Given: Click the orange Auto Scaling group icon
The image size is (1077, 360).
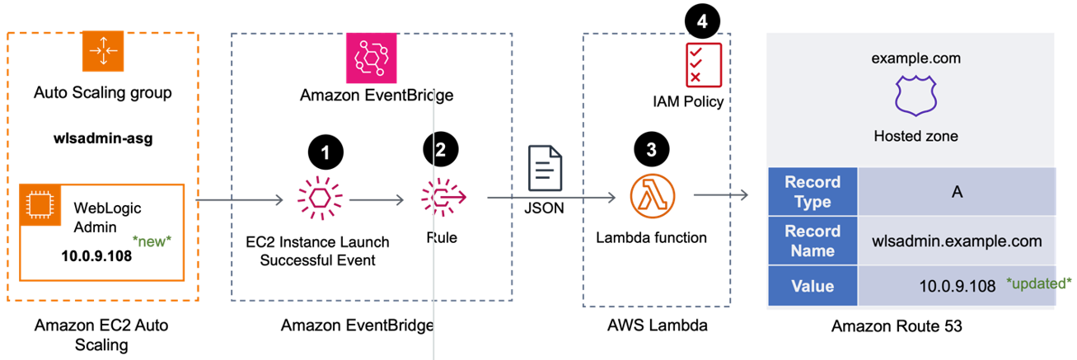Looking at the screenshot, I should (x=103, y=51).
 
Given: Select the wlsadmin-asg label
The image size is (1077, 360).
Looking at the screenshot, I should (x=103, y=138).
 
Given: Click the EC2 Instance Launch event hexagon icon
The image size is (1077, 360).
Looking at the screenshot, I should (x=321, y=199).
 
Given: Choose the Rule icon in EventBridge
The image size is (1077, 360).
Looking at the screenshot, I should (x=443, y=199).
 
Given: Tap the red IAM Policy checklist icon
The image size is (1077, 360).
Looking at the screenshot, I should (x=703, y=63).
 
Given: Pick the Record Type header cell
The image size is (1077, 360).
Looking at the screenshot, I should (x=812, y=191).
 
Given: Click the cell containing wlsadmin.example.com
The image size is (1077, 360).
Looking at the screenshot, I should (x=956, y=241).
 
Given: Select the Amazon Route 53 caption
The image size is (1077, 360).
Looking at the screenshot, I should (x=897, y=326).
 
